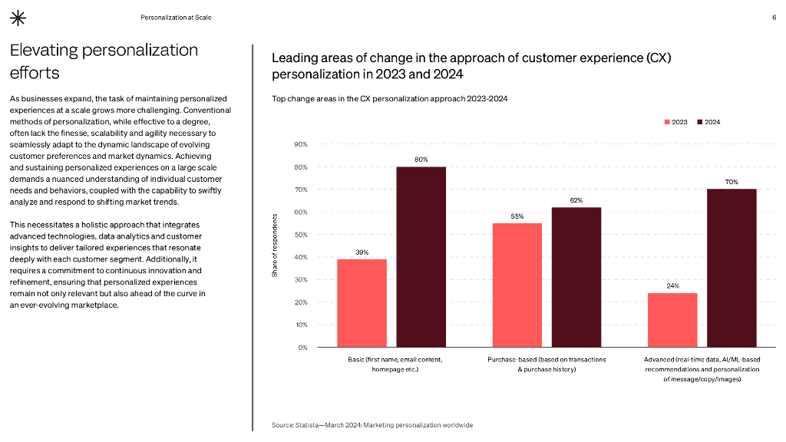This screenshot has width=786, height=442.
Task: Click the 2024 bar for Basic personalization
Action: pos(421,257)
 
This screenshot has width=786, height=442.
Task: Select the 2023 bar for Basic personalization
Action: pos(362,303)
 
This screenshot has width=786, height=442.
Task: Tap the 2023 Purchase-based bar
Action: pos(517,285)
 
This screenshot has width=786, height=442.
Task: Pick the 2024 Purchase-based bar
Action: pos(576,277)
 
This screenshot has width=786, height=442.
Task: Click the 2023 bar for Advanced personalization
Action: pos(672,320)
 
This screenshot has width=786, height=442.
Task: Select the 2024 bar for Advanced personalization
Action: pos(732,268)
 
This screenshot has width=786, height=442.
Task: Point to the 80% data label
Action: pos(421,159)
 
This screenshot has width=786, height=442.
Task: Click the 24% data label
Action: pos(672,285)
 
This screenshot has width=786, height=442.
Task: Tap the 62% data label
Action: pos(576,200)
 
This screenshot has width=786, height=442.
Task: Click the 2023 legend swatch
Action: pos(666,122)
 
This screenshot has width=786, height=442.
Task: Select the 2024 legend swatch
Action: pos(700,122)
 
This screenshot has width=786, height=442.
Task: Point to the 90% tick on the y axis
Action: pos(301,144)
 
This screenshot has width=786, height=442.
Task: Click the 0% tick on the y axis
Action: pos(302,348)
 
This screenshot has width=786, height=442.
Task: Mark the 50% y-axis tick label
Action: pos(301,235)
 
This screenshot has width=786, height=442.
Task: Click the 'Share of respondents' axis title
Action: pos(275,246)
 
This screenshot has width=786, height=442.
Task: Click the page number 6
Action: pos(774,18)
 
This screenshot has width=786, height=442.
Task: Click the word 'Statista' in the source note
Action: pos(307,425)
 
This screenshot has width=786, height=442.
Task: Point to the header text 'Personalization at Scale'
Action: pos(176,18)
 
